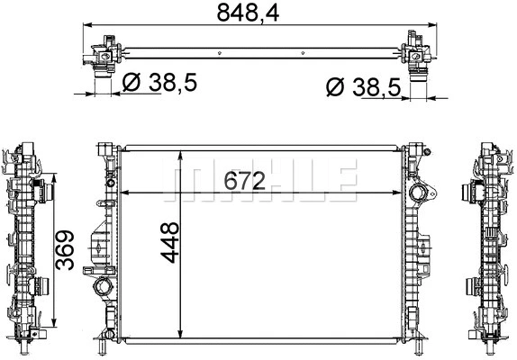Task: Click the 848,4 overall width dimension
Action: tap(258, 13)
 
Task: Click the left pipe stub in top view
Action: tap(101, 82)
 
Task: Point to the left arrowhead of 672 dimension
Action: tap(124, 192)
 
